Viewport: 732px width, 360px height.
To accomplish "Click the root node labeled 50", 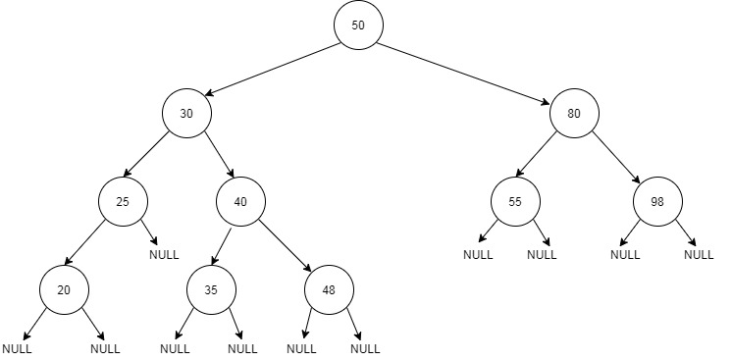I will (x=358, y=26).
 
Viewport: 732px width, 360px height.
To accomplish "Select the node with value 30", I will (x=186, y=113).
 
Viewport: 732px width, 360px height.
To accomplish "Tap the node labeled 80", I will (x=574, y=113).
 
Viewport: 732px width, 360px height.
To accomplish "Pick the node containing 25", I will (x=123, y=201).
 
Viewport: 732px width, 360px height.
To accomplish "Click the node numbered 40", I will (x=240, y=201).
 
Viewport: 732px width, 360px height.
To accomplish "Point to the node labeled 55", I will (x=515, y=201).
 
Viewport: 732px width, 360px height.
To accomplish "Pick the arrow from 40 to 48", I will (x=285, y=245).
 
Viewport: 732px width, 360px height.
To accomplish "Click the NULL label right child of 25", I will (x=164, y=255).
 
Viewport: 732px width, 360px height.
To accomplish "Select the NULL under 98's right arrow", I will (x=699, y=255).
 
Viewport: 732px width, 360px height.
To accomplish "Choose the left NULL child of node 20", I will (x=17, y=348).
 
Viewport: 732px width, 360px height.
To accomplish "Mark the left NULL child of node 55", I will (x=479, y=255).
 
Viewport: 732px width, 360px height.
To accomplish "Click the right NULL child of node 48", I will (x=364, y=348).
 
